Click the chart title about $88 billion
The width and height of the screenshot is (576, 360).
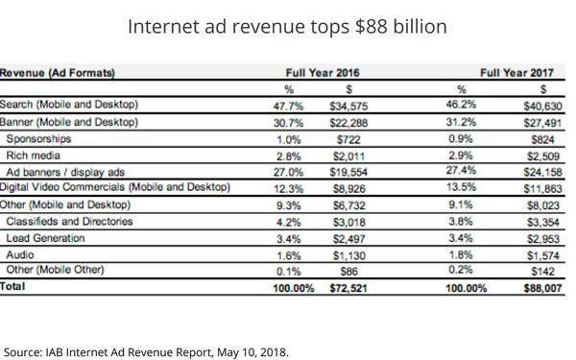(x=288, y=26)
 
